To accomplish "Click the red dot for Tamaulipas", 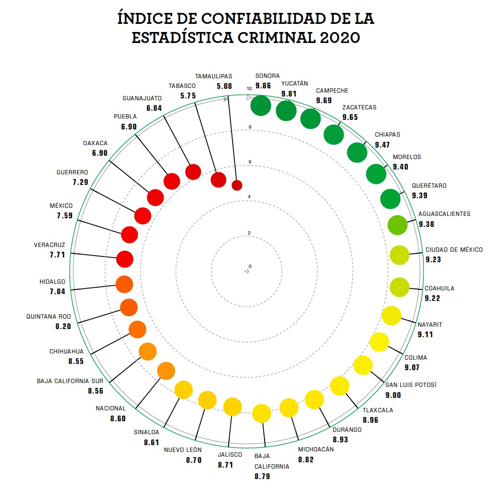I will [x=237, y=185].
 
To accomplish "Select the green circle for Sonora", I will [x=261, y=106].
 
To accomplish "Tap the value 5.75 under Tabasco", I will [x=188, y=96].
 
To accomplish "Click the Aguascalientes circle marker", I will [x=397, y=225].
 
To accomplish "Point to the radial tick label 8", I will [x=250, y=127].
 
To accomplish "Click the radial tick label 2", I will [x=249, y=233].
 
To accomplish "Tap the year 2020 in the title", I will [x=338, y=38].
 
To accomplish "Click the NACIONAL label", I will [x=111, y=408].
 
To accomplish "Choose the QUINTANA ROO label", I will [x=48, y=317].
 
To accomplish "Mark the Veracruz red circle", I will [x=125, y=259].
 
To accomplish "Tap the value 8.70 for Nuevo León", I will [x=194, y=460].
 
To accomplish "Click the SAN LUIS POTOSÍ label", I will [x=411, y=385].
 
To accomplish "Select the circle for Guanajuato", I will [x=193, y=171].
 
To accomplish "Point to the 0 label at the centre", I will [x=250, y=267].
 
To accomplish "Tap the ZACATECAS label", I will [x=359, y=107].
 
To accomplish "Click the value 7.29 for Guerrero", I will [x=80, y=182].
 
